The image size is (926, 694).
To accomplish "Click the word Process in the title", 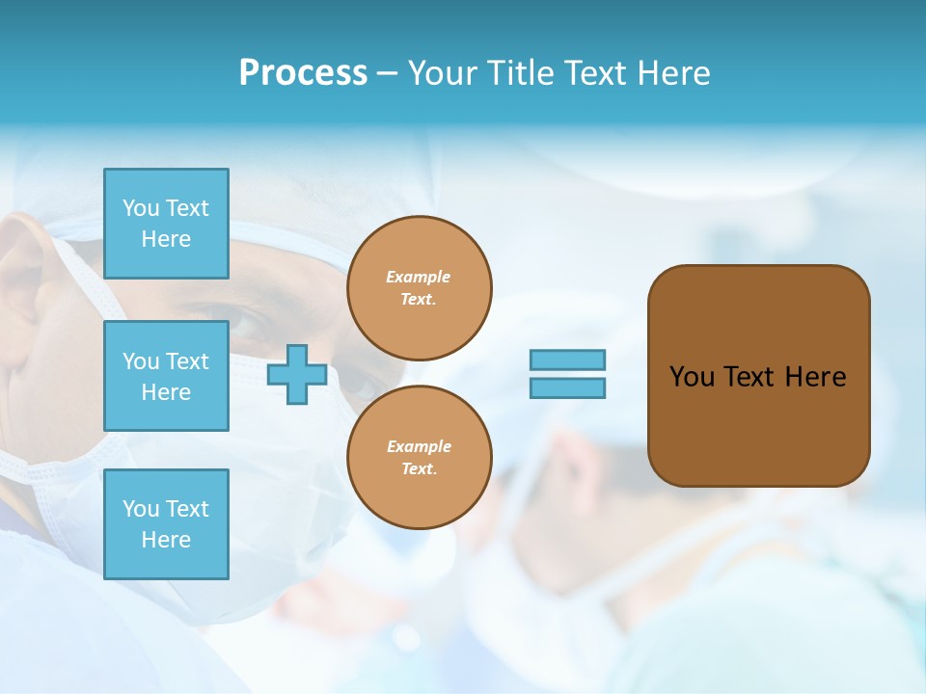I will tap(303, 73).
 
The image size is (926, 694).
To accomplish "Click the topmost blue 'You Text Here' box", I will tap(166, 224).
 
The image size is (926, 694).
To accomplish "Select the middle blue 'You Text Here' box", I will tap(166, 376).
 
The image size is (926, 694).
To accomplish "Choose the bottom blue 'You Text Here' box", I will tap(166, 524).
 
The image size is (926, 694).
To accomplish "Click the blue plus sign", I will tap(297, 375).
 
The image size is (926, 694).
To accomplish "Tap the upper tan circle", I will tap(420, 288).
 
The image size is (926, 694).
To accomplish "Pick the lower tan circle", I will tap(420, 458).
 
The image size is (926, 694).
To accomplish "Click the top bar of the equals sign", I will tap(568, 360).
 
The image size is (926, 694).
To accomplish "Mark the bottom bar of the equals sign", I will tap(568, 388).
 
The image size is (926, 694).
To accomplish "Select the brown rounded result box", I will tap(758, 376).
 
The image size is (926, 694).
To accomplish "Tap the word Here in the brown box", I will tap(816, 377).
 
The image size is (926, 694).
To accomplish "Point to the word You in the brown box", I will tap(692, 377).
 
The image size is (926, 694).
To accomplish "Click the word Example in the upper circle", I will tap(419, 277).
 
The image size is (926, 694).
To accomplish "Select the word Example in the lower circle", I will tap(419, 446).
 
